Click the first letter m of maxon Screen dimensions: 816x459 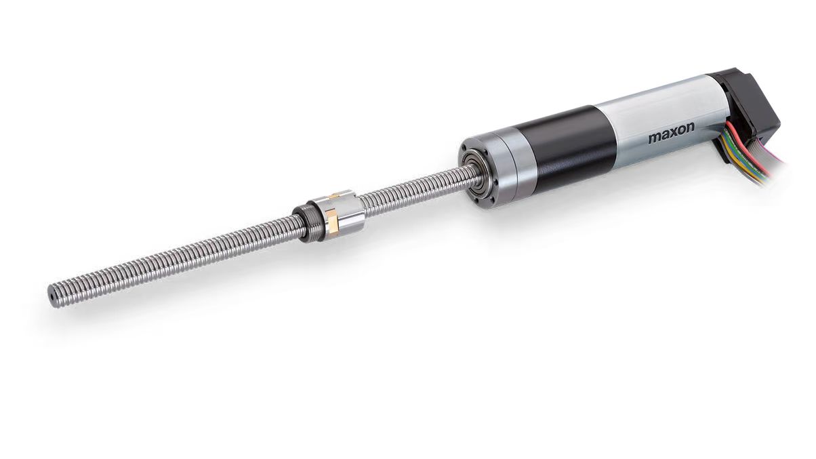point(653,138)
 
